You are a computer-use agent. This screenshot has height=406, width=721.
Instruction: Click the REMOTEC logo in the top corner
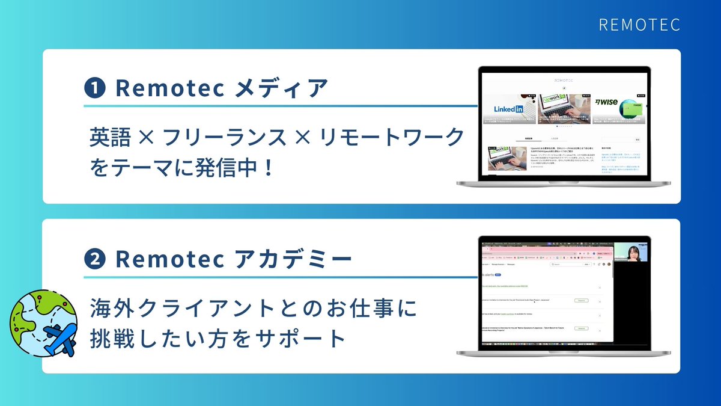tap(639, 25)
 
